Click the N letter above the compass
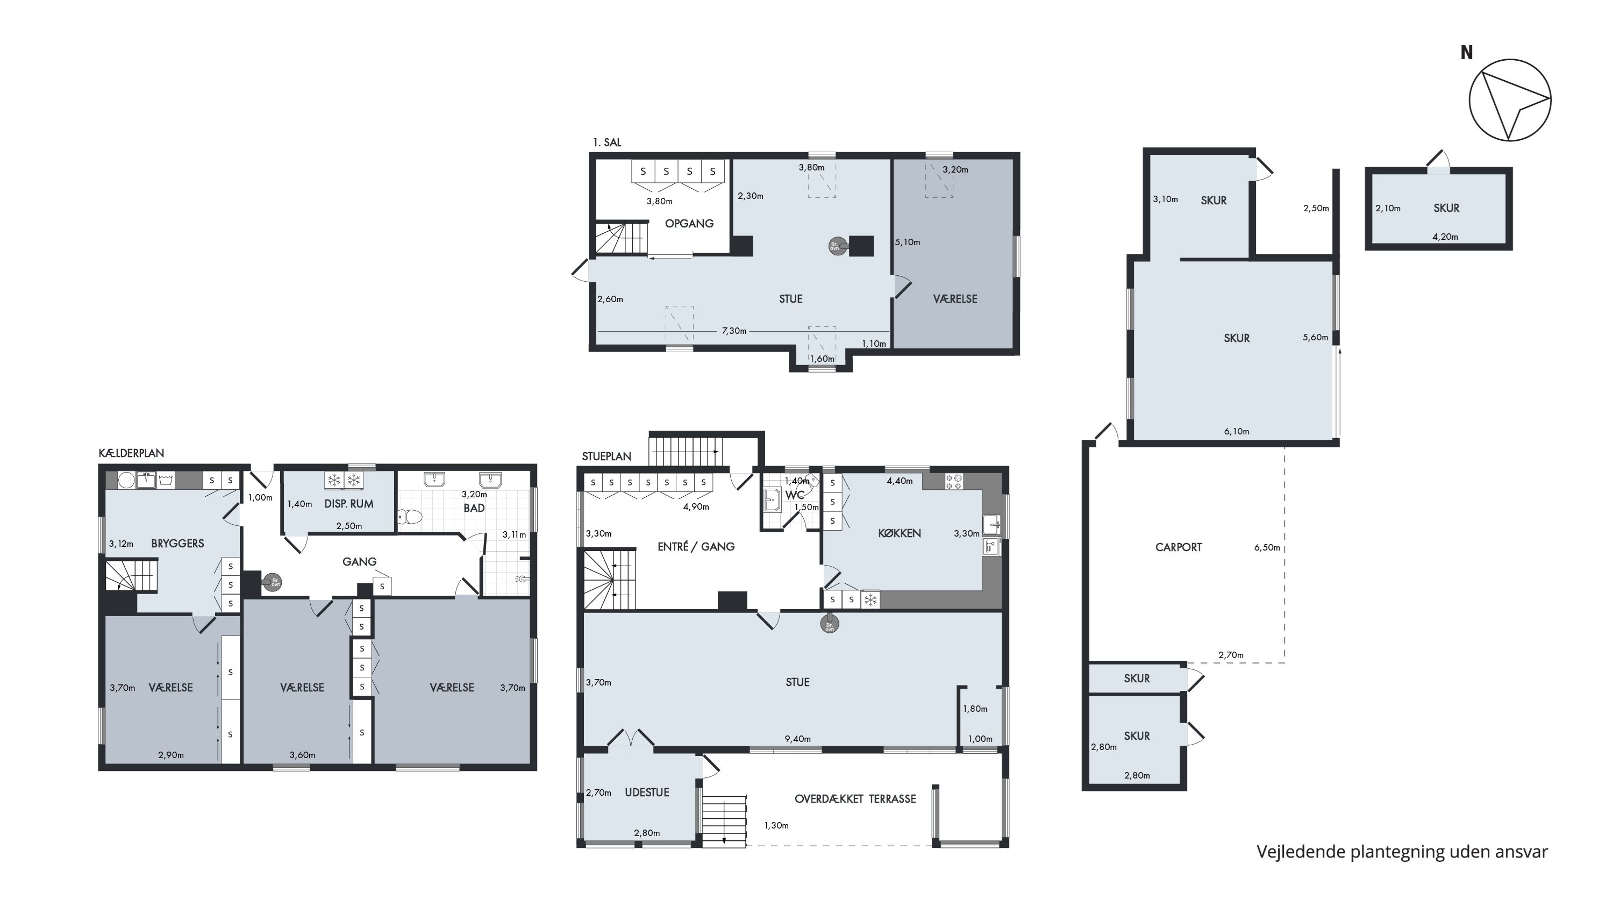pos(1466,53)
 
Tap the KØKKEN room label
pos(899,533)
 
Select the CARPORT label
pos(1179,547)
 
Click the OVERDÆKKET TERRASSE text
pos(855,799)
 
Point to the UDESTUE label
pos(647,792)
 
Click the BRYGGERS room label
pos(177,544)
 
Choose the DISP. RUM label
pos(349,504)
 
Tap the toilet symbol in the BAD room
pos(410,517)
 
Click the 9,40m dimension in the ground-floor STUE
pos(798,739)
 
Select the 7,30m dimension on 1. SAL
pos(734,331)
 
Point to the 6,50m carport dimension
pos(1267,548)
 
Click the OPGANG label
pos(689,224)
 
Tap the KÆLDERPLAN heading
pos(132,453)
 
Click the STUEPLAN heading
pos(606,456)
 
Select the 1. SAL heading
pos(606,142)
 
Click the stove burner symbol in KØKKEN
pos(954,481)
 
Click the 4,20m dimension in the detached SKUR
pos(1445,237)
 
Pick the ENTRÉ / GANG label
pos(696,546)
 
